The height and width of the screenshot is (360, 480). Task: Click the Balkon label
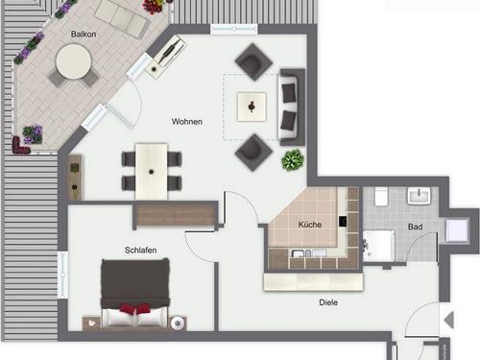pos(84,34)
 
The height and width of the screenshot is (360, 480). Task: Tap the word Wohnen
pos(187,122)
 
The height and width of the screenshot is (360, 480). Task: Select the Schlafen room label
pos(140,250)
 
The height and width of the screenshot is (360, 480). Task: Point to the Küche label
pos(310,225)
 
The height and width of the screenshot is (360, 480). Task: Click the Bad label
pos(415,227)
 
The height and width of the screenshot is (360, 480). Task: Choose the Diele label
pos(328,302)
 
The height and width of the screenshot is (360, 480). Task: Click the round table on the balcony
pos(74,61)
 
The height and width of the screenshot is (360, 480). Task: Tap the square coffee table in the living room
pos(252,107)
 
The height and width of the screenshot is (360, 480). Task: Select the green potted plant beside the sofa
pos(293,159)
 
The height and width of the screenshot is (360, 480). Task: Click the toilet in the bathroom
pos(381,197)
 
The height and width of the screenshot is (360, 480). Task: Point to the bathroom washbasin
pos(419,196)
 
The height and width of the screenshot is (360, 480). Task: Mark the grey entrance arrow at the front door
pos(449,320)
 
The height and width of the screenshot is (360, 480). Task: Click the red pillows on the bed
pos(135,308)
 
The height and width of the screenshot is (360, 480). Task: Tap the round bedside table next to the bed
pos(178,324)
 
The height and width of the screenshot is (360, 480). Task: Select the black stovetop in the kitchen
pos(343,222)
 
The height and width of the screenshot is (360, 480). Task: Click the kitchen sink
pos(301,253)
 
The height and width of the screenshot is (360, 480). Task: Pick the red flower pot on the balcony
pos(153,7)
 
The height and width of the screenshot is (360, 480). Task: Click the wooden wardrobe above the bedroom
pos(177,214)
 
